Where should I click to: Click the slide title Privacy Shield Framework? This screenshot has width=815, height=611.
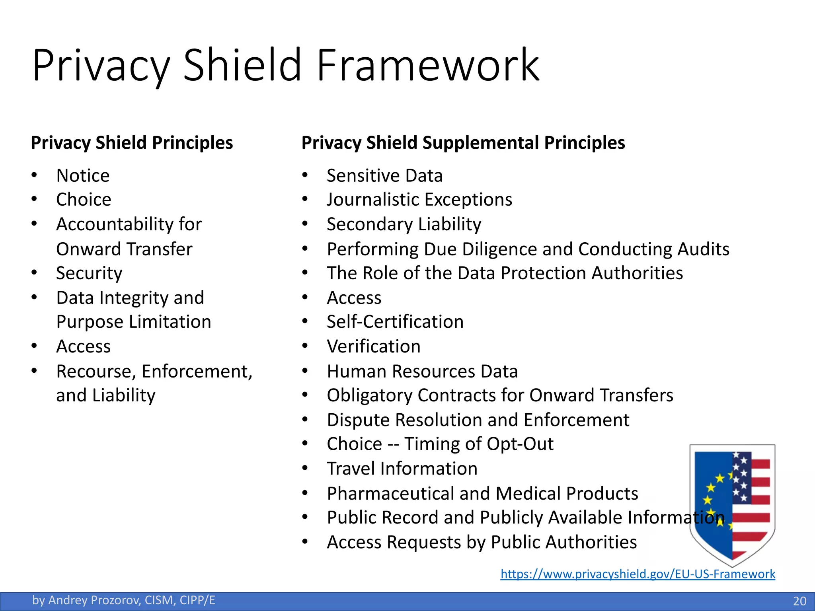point(286,65)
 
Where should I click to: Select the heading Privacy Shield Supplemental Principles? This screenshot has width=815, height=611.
point(463,143)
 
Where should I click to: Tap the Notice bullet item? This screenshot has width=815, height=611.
point(83,176)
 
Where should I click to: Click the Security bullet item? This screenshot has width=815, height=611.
point(89,273)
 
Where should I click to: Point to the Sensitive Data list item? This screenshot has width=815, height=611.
point(384,176)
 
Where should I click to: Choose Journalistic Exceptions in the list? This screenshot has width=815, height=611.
point(419,200)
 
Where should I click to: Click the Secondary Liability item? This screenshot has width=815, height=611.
point(404,224)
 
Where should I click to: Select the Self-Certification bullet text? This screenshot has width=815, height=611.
point(395,322)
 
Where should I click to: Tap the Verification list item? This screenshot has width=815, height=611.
point(374,346)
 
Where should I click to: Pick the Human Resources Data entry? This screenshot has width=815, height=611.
point(422,372)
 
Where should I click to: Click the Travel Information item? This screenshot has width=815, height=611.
point(402,469)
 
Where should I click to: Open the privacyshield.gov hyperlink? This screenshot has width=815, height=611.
point(638,574)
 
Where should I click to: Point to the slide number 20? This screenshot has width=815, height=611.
point(799,601)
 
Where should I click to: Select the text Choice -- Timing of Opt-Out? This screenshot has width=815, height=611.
point(440,444)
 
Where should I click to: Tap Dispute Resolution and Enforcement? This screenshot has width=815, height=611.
point(478,420)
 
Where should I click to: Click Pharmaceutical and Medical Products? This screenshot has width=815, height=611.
point(482,494)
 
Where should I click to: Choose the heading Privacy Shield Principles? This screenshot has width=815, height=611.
point(132,143)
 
